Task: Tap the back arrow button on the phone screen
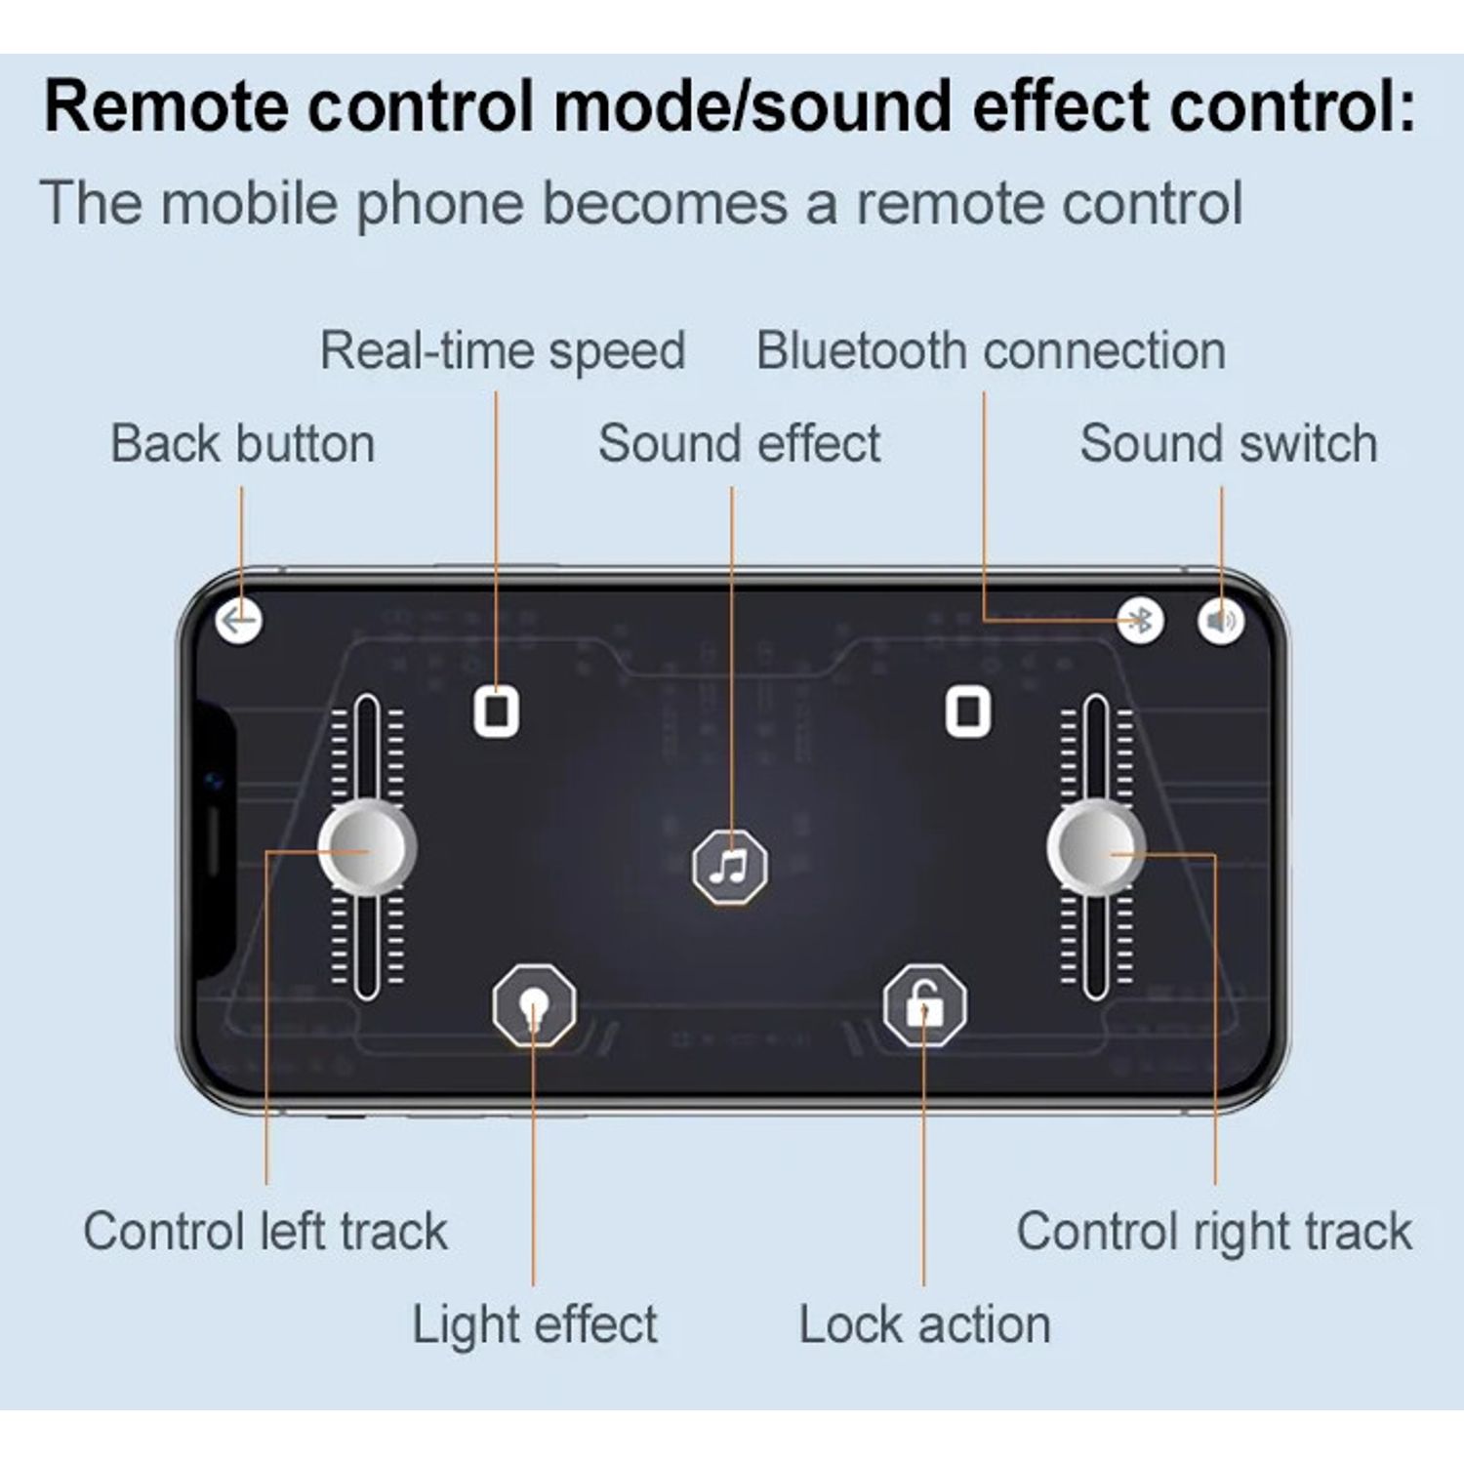(239, 620)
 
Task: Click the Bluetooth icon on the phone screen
(1140, 620)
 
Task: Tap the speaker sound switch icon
(1221, 620)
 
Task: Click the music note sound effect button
(730, 866)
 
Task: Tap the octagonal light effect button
(534, 1004)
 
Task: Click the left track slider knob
(367, 848)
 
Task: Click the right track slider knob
(1096, 848)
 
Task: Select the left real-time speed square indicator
(497, 711)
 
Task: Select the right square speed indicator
(968, 711)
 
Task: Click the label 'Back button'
(243, 444)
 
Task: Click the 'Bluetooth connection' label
(991, 351)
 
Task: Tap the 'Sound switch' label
(1229, 444)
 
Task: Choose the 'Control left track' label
(265, 1231)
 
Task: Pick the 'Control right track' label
(1214, 1232)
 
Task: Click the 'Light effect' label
(535, 1325)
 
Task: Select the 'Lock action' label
(924, 1325)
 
